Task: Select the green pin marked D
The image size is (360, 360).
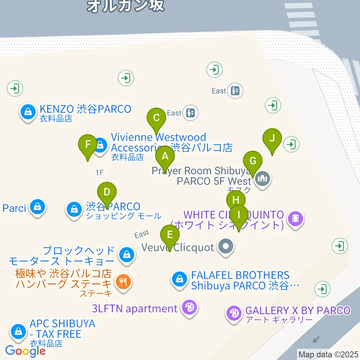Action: coord(107,193)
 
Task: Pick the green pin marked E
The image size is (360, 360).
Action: coord(170,235)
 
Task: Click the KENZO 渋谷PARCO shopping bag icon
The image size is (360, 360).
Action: coord(28,111)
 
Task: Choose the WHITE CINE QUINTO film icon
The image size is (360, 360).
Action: coord(295,217)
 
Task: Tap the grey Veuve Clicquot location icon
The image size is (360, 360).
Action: coord(226,247)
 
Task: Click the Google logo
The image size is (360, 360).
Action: coord(25,351)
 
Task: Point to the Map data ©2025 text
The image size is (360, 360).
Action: coord(328,354)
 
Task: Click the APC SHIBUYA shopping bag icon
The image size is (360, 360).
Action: coord(18,331)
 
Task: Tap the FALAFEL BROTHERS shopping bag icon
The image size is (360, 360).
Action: coord(180,279)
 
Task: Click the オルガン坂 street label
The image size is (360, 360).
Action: coord(125,5)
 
